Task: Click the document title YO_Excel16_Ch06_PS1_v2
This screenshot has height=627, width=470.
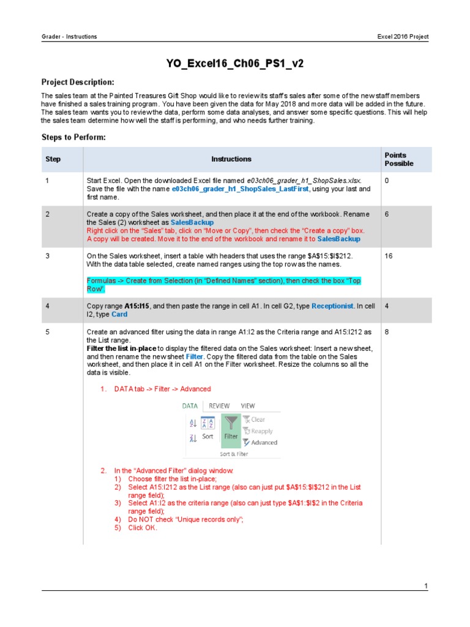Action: [x=235, y=63]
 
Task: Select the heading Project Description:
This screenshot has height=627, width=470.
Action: [x=77, y=82]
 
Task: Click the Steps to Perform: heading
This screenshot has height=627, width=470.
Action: [x=73, y=137]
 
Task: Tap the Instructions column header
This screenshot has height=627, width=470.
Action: [x=231, y=159]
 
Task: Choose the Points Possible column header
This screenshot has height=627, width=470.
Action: [x=399, y=159]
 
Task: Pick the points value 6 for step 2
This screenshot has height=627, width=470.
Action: [x=387, y=215]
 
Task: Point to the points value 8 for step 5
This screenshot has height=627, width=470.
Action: [x=387, y=332]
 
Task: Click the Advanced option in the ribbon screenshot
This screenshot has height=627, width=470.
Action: [x=263, y=442]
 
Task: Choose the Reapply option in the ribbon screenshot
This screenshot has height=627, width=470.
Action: [x=261, y=431]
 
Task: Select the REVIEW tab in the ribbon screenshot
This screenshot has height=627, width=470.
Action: [x=219, y=406]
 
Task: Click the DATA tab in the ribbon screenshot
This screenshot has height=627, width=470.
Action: [x=190, y=406]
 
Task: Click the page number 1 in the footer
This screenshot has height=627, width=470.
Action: [x=426, y=586]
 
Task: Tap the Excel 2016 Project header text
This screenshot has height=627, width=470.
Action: [x=403, y=37]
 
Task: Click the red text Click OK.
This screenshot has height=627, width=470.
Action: [x=143, y=528]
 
